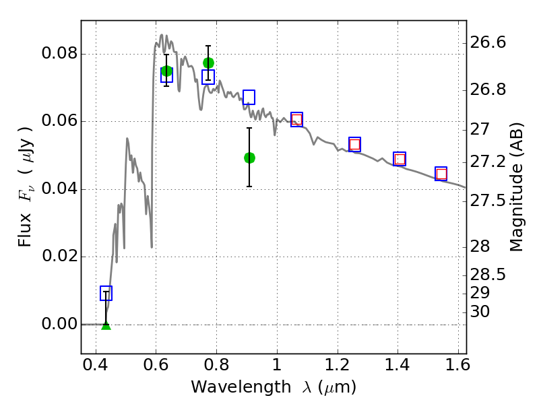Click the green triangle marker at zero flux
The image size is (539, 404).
tap(106, 326)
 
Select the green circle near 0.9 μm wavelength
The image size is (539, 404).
tap(249, 158)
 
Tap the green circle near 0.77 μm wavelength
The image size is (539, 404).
tap(208, 63)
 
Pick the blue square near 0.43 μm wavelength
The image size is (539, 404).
tap(106, 293)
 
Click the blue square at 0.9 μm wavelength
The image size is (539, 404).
tap(249, 97)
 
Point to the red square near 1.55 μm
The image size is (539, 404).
tap(441, 174)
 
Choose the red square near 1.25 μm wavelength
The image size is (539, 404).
tap(355, 144)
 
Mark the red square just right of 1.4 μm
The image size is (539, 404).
tap(400, 159)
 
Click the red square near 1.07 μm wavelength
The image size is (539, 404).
tap(297, 120)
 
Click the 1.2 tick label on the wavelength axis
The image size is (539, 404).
tap(338, 365)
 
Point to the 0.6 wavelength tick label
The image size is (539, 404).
tap(156, 365)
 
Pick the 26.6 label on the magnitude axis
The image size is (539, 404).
tap(488, 42)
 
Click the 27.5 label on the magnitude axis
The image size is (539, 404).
tap(488, 200)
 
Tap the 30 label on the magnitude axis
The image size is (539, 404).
tap(480, 312)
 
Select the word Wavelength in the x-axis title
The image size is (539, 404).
tap(241, 387)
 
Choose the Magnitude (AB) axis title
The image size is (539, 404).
tap(515, 187)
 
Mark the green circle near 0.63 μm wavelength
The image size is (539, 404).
tap(166, 71)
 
